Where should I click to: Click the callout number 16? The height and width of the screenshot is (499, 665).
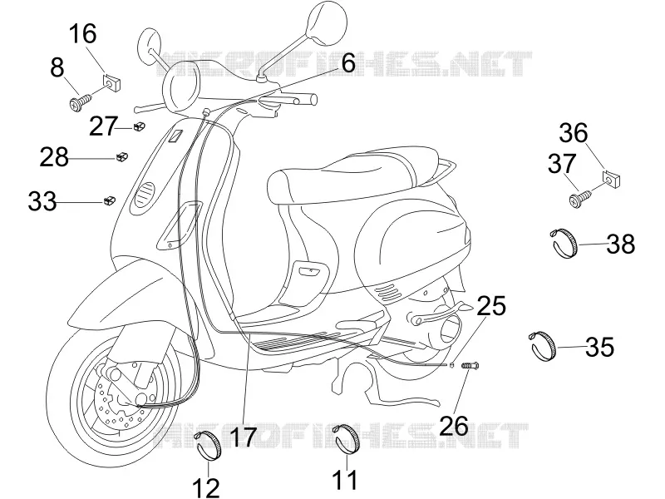83,34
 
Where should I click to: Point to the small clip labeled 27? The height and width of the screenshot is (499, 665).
140,126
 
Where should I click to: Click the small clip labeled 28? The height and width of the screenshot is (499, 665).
122,157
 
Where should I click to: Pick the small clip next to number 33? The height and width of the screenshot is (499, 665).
110,200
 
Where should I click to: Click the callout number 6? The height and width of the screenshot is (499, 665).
347,64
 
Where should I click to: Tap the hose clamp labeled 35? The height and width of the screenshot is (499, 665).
543,346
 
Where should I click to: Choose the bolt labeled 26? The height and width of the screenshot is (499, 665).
470,364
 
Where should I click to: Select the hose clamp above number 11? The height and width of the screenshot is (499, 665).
346,439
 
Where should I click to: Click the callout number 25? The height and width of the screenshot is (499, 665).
491,306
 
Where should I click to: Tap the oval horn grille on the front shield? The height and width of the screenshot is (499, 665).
142,195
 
